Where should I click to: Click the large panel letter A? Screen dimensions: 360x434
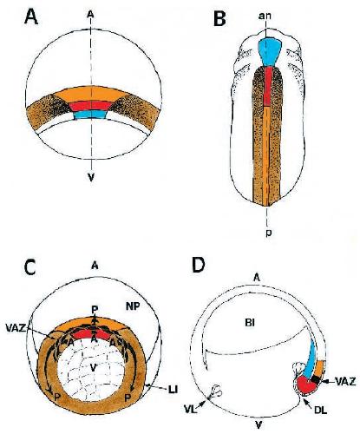coord(31,16)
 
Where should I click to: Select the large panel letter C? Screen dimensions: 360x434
coord(29,267)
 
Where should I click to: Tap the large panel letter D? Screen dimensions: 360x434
coord(199,265)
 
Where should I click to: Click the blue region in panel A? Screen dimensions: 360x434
coord(90,115)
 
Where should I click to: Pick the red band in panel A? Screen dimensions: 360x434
coord(91,106)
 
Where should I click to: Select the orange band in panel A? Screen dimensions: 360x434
coord(91,94)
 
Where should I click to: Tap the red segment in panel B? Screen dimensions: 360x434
coord(269,86)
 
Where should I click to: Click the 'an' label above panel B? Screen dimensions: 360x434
coord(265,16)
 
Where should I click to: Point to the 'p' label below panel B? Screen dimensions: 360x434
coord(269,233)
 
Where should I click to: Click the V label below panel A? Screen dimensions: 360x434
coord(91,177)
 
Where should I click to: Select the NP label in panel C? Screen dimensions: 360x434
coord(133,307)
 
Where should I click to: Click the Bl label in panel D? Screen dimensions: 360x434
coord(250,323)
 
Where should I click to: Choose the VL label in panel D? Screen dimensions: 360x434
coord(190,410)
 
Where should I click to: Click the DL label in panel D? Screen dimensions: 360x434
coord(320,410)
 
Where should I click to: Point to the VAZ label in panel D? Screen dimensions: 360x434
coord(345,382)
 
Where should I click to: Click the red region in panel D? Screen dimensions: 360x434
coord(308,385)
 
